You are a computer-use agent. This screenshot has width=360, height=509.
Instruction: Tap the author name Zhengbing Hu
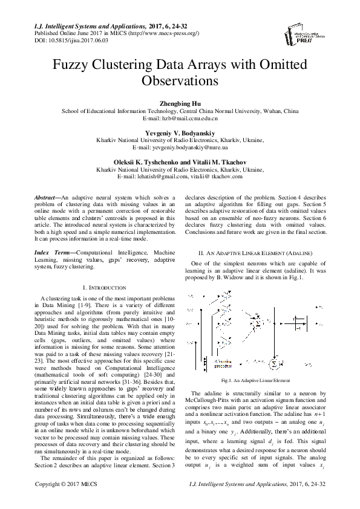point(180,103)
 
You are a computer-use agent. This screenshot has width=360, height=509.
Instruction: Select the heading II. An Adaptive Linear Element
point(255,250)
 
